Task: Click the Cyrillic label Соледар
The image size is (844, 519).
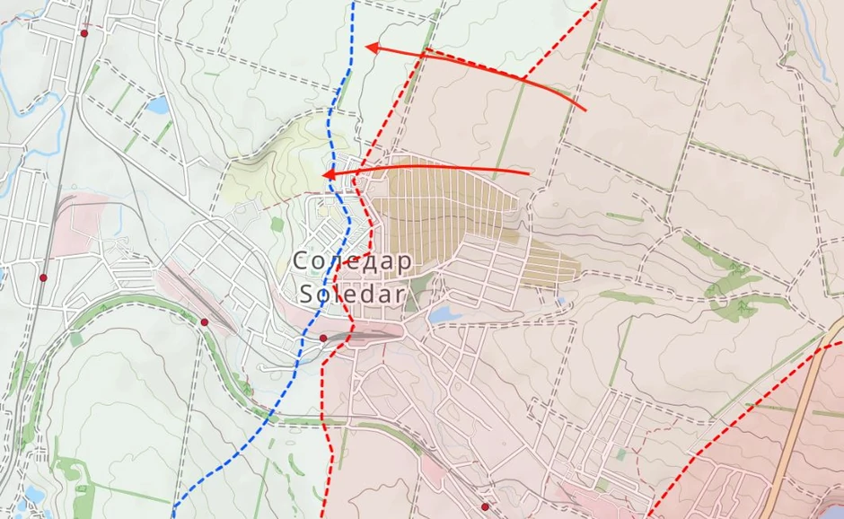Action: click(352, 261)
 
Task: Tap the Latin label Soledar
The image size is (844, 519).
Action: click(352, 293)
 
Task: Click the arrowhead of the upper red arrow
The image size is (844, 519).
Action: click(370, 47)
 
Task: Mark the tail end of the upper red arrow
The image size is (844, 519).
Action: click(585, 110)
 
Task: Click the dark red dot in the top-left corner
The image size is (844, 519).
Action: click(84, 33)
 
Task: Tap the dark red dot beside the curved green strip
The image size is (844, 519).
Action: click(205, 321)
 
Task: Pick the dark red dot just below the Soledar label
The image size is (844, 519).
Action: click(323, 338)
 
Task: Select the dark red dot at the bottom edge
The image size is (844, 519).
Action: click(485, 506)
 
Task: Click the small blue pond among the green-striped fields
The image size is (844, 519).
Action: click(157, 106)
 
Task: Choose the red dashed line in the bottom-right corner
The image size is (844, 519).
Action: click(718, 440)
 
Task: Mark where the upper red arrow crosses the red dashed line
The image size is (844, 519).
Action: click(525, 80)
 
